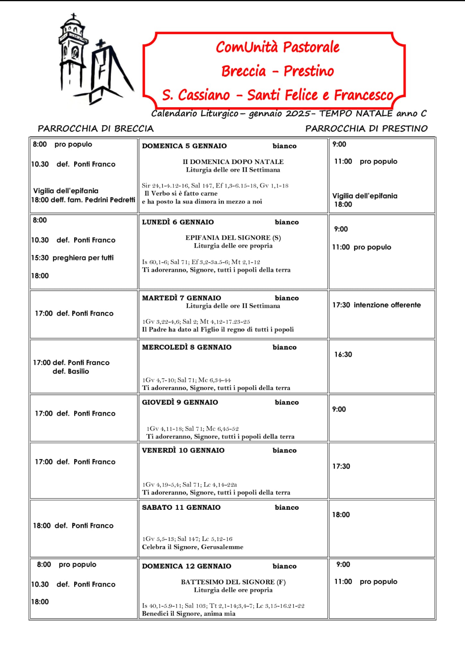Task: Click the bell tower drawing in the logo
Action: click(73, 55)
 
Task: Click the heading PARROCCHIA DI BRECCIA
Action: click(95, 129)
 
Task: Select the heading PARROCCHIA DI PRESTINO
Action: click(366, 129)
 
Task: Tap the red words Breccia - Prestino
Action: click(277, 71)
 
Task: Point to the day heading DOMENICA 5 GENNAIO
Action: click(184, 146)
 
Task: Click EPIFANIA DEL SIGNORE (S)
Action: click(233, 238)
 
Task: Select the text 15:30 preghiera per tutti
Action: click(73, 258)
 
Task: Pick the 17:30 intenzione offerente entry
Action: click(376, 305)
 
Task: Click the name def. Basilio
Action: click(71, 371)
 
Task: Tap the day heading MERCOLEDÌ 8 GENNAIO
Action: click(187, 347)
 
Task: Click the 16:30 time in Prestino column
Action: click(343, 354)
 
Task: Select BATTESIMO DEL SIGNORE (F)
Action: click(233, 582)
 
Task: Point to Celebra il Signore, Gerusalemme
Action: click(192, 547)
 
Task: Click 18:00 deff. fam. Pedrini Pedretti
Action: click(83, 200)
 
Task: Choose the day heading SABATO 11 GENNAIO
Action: click(181, 507)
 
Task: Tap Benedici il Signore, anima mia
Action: click(189, 613)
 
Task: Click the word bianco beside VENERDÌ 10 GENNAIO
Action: click(284, 450)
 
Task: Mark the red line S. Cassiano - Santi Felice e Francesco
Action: click(278, 95)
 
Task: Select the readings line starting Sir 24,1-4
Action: click(215, 185)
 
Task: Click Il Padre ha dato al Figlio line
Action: click(218, 329)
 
